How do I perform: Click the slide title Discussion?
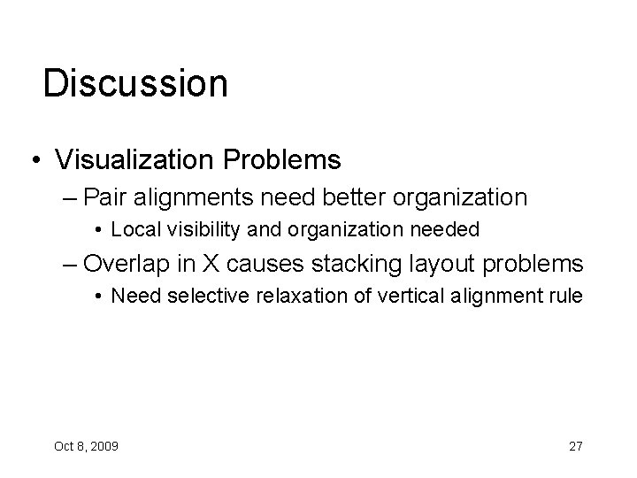coord(135,83)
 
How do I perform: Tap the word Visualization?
coord(125,159)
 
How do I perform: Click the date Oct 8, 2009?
coord(86,445)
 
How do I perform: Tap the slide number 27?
coord(575,445)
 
